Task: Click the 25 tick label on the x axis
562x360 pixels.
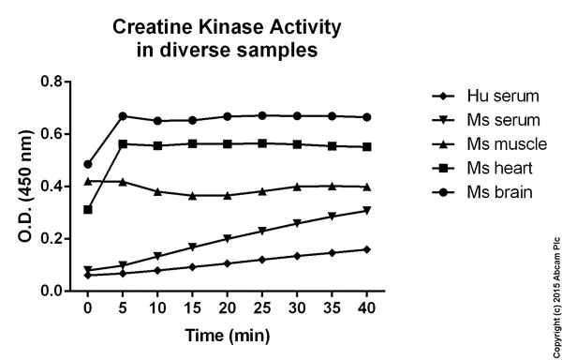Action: point(261,307)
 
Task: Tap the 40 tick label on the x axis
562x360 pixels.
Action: point(367,307)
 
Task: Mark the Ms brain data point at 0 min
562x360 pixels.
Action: point(88,164)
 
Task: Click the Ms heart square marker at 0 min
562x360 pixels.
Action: point(88,209)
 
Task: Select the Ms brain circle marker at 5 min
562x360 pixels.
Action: point(123,116)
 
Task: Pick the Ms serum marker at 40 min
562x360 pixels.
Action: point(367,211)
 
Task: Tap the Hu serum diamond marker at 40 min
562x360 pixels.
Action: point(367,249)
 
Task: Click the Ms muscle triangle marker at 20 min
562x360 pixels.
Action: point(228,195)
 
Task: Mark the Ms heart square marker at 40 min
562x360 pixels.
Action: point(367,147)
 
